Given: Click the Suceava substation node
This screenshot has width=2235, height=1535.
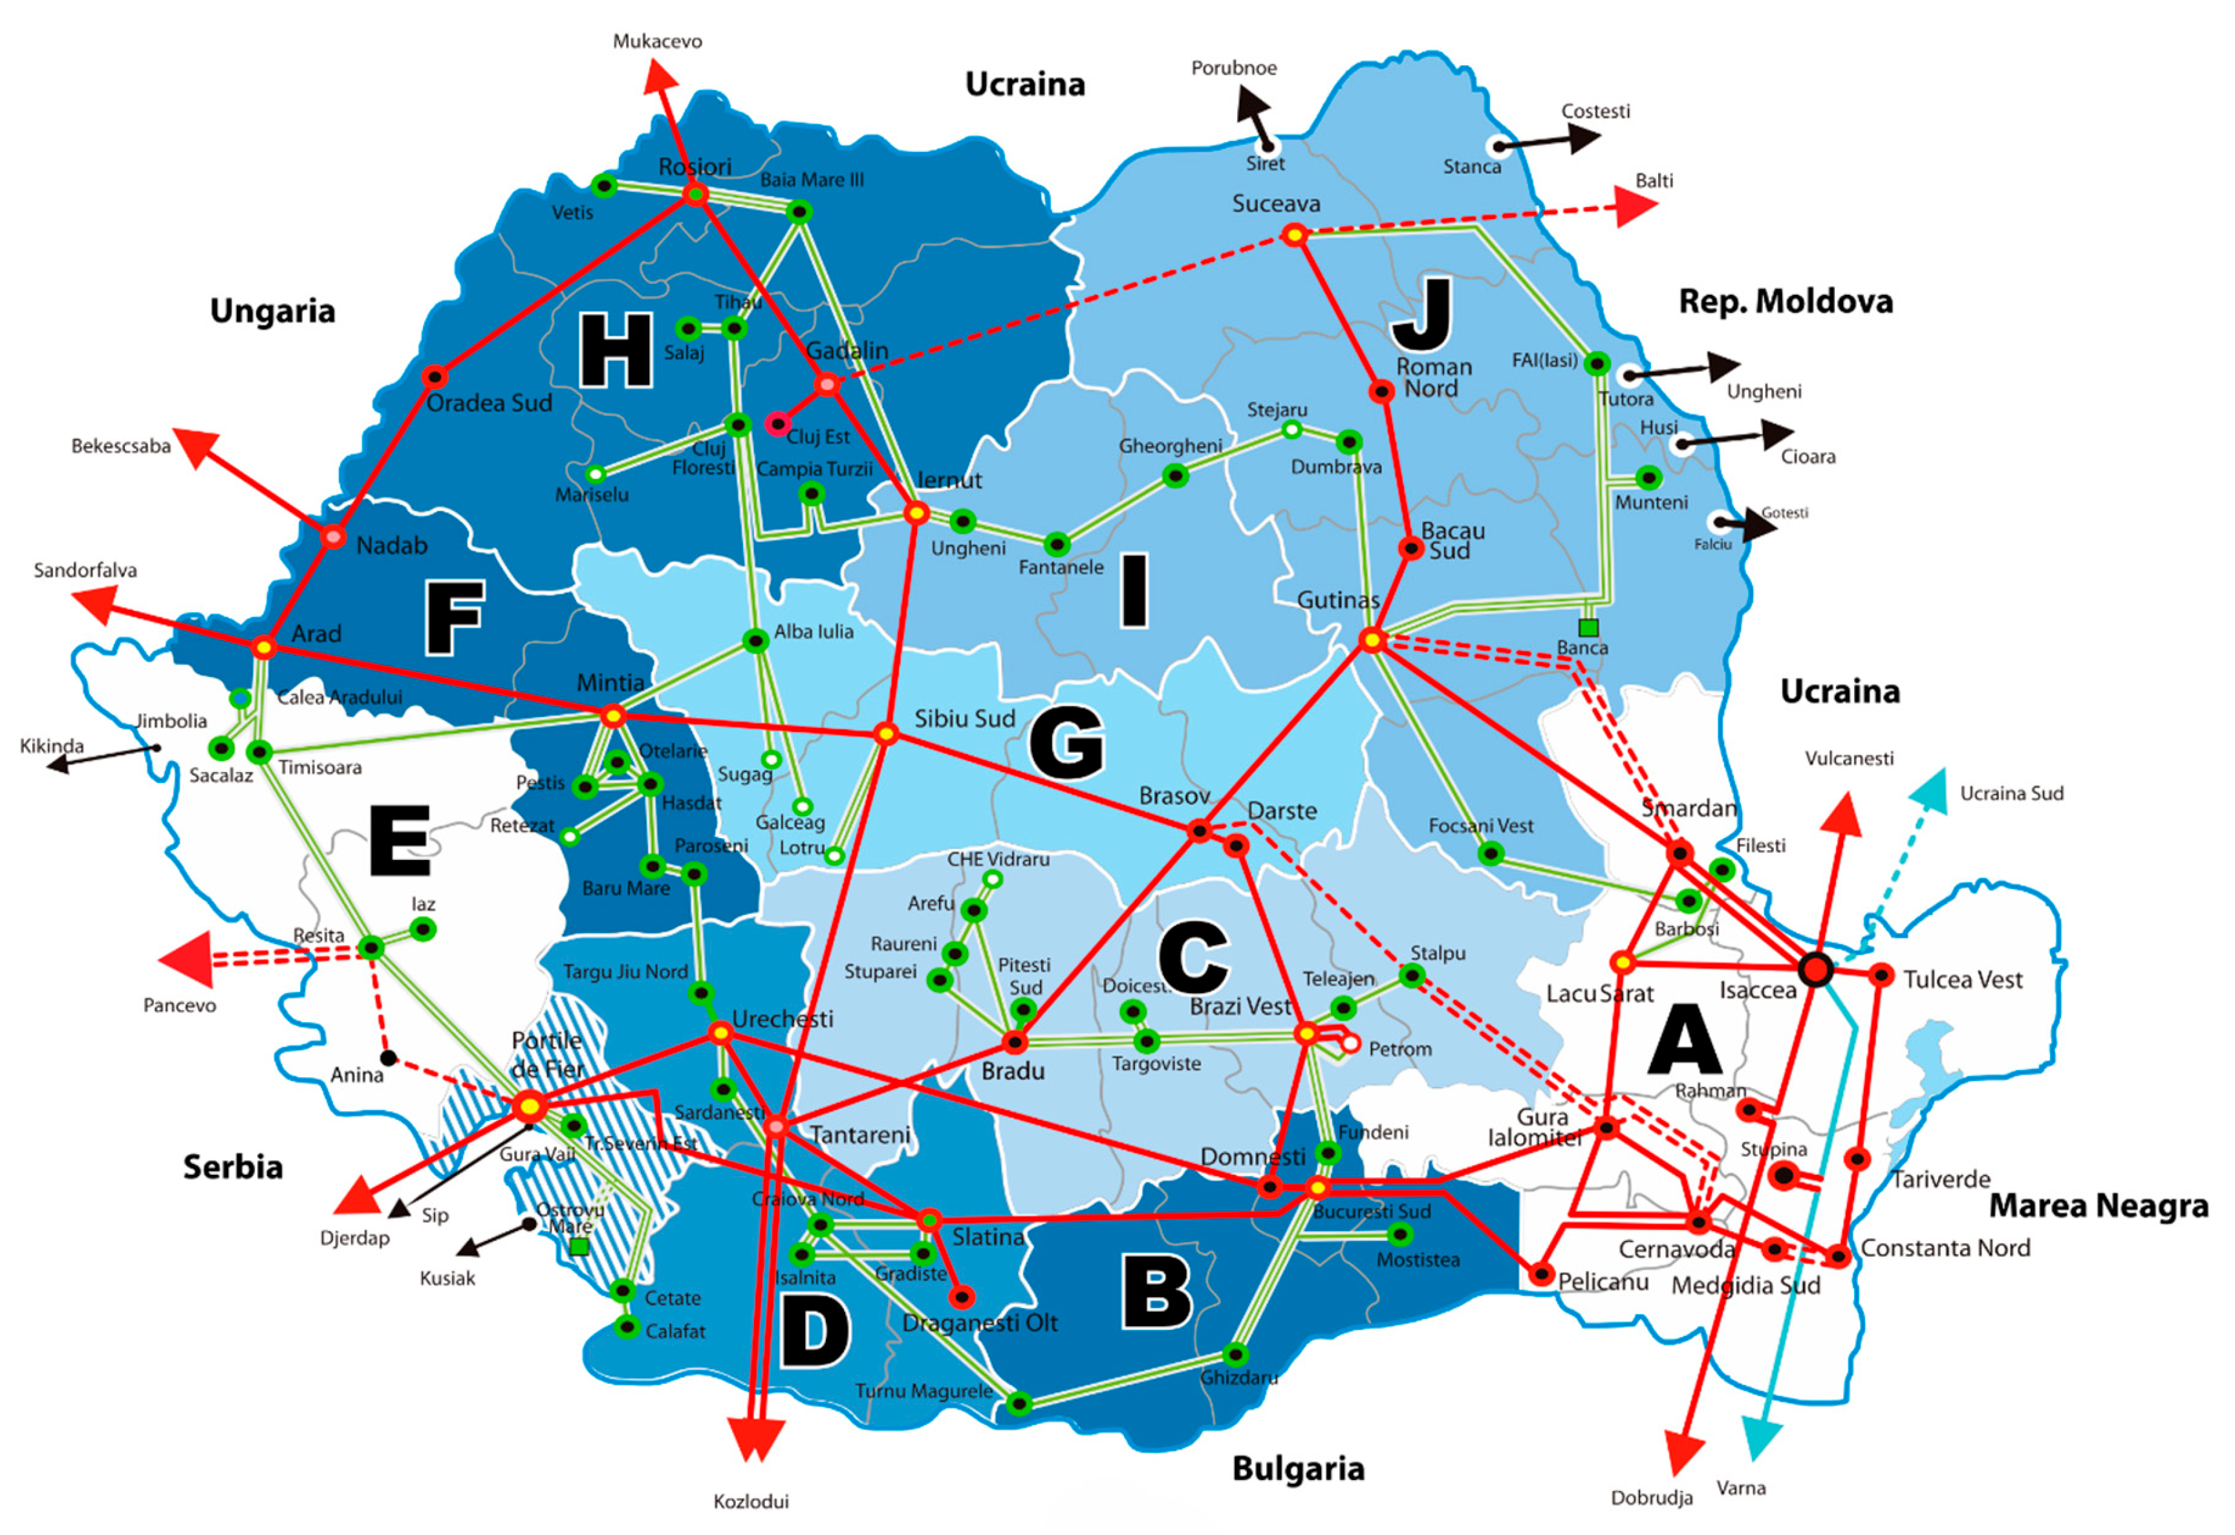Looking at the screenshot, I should coord(1295,235).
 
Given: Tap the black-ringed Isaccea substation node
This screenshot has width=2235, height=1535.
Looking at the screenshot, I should coord(1815,969).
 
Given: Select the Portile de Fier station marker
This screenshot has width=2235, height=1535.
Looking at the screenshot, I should coord(530,1107).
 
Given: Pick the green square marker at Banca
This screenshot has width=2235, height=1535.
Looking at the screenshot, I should coord(1589,628).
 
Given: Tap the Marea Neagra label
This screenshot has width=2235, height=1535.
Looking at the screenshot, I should coord(2099,1206).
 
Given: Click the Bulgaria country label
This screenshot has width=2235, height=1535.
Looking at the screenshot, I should coord(1299,1468).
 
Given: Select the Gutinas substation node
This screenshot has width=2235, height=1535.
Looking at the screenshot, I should coord(1372,639).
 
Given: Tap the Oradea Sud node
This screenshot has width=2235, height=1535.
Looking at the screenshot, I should coord(435,376).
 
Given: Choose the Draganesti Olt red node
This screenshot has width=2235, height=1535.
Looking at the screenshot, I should coord(962,1296).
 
